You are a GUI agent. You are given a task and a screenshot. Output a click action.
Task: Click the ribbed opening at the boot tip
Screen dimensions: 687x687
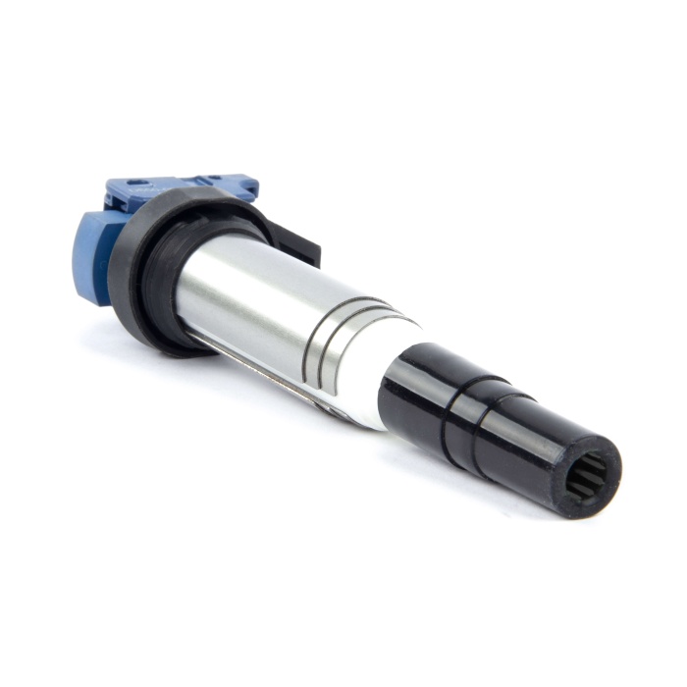[x=586, y=478]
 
